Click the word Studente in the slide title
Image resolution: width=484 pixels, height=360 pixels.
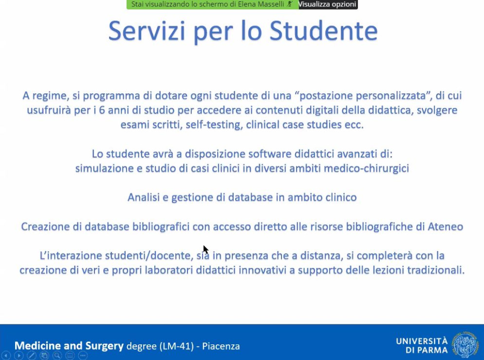pyautogui.click(x=323, y=31)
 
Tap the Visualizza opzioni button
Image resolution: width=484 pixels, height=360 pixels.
pyautogui.click(x=327, y=4)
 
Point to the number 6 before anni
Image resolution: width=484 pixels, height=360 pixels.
pyautogui.click(x=102, y=110)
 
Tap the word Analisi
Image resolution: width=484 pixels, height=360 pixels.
pyautogui.click(x=143, y=198)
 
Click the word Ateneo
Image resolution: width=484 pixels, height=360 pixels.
pyautogui.click(x=446, y=227)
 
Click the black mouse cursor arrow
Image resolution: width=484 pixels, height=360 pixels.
pyautogui.click(x=205, y=250)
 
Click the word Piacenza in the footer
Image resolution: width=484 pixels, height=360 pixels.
pyautogui.click(x=221, y=346)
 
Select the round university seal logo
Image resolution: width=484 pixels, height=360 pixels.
pyautogui.click(x=465, y=345)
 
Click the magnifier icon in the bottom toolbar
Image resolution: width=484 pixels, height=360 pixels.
pyautogui.click(x=57, y=356)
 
